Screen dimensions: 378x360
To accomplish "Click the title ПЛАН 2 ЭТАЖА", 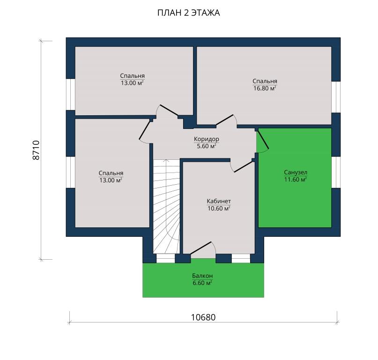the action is (188, 13).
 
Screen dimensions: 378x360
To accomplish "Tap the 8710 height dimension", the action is (36, 150).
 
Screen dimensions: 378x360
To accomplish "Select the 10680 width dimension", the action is (203, 317).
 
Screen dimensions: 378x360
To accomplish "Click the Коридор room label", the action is (207, 139).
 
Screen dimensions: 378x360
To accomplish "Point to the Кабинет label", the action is (219, 201).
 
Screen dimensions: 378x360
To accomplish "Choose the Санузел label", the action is (296, 172).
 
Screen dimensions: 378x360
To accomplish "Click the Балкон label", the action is (202, 276).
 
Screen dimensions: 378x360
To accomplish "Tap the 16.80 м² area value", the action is (265, 88).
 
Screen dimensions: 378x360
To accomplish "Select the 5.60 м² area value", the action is (207, 146).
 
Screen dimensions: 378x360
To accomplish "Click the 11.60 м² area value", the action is (296, 179).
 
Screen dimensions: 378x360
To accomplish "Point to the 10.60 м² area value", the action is (219, 208).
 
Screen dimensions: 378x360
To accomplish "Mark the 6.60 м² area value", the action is (202, 283).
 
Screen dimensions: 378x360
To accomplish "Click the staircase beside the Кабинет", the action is (167, 206).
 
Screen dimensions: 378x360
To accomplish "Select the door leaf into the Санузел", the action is (263, 140).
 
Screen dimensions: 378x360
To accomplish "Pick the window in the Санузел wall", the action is (336, 172).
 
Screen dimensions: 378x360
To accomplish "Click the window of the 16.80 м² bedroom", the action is (336, 97).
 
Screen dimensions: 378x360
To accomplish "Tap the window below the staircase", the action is (166, 258).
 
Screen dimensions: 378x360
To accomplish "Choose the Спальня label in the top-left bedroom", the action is (133, 75).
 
